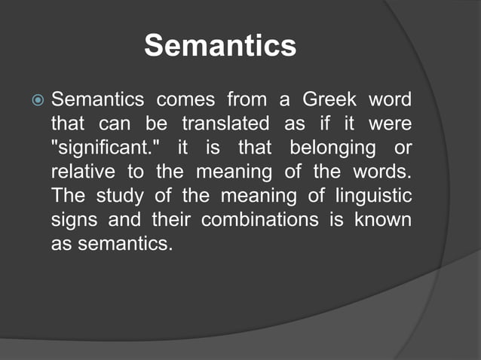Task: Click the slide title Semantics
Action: click(x=220, y=46)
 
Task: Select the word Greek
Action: click(x=331, y=99)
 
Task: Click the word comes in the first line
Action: click(x=185, y=99)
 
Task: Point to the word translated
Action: click(x=228, y=124)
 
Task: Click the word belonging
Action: click(x=338, y=148)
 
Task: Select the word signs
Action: click(x=72, y=220)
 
